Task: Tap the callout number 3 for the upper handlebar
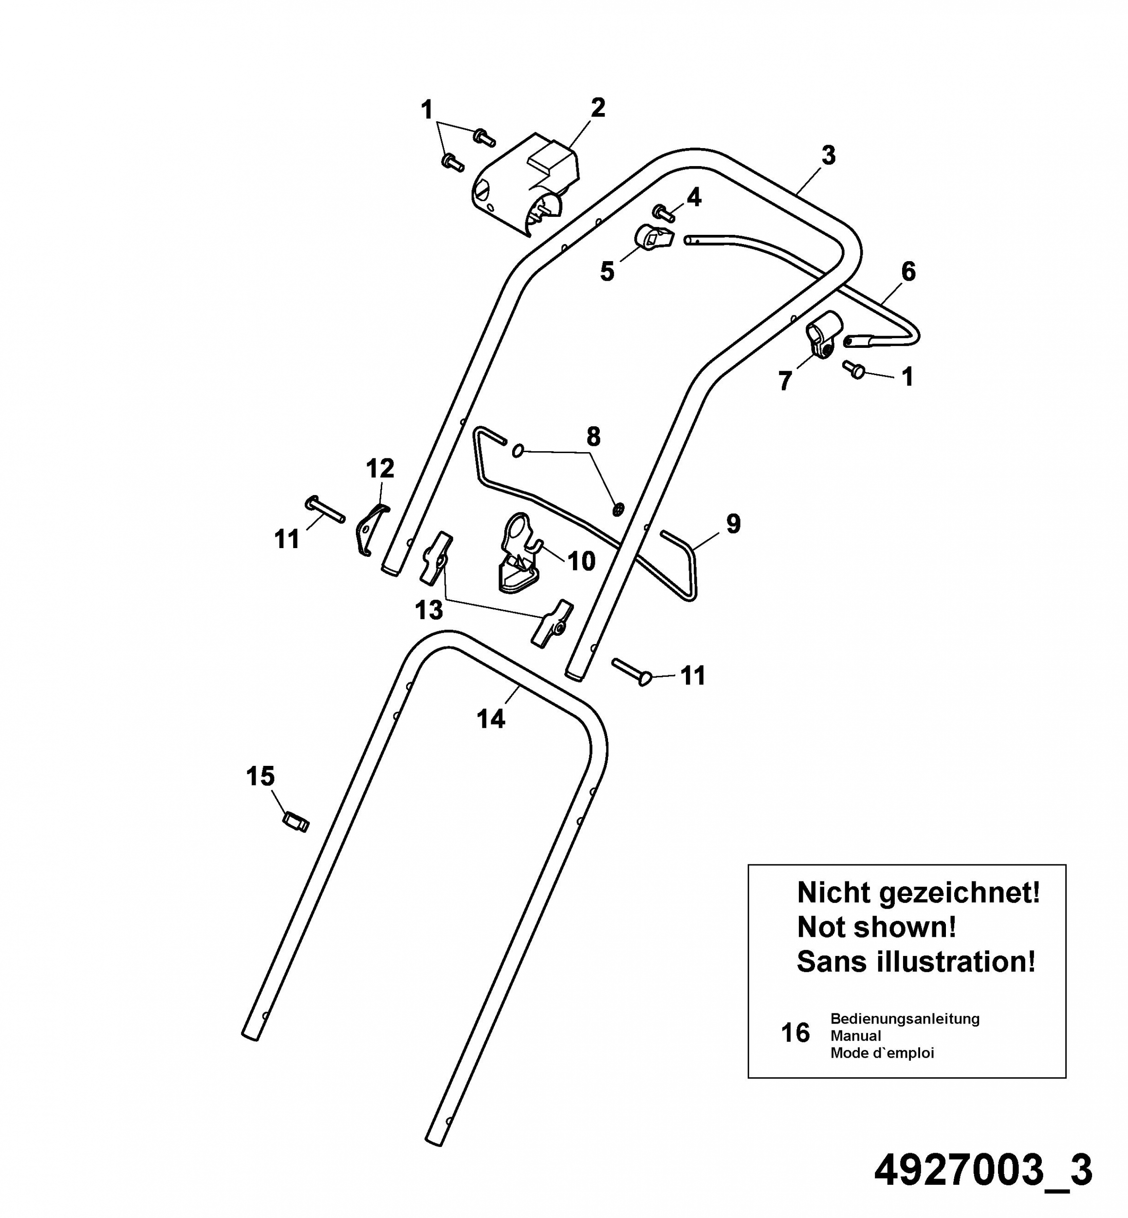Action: [828, 155]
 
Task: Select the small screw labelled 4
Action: [663, 212]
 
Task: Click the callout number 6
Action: [908, 271]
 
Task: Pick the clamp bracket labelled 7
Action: [822, 335]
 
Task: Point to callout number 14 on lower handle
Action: [491, 719]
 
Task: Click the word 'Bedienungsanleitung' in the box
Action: [905, 1018]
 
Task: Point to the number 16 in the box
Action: [795, 1033]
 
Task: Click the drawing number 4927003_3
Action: [983, 1171]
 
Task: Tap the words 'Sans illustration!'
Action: [916, 961]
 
